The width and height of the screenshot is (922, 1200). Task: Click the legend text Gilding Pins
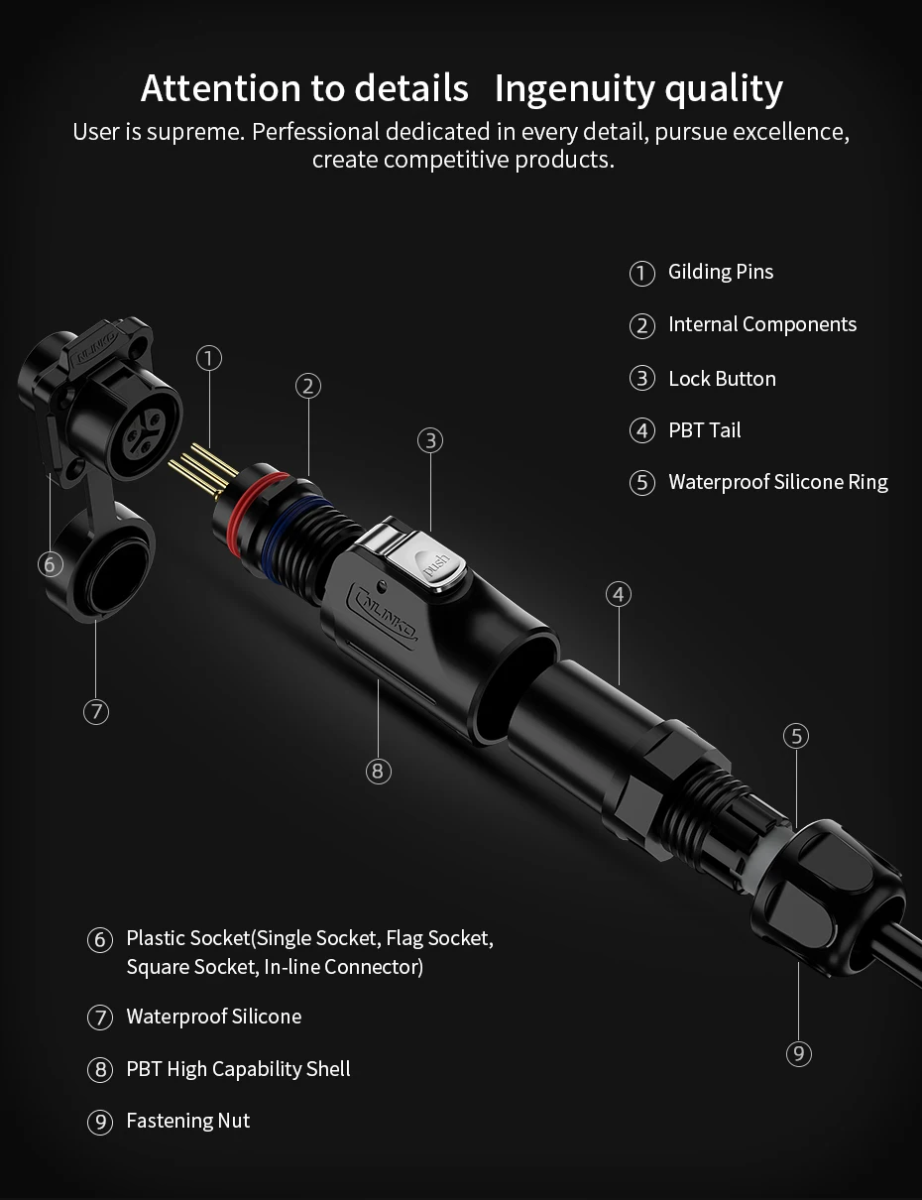click(x=721, y=272)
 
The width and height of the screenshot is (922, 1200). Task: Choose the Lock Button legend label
click(x=722, y=379)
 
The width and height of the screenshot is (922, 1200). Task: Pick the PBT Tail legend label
click(x=704, y=430)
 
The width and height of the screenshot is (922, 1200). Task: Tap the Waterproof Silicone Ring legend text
click(x=777, y=482)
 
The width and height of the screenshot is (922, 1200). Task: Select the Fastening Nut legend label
click(x=188, y=1121)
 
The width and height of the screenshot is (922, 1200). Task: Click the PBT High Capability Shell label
click(x=238, y=1069)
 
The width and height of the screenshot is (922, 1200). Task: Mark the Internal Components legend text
click(x=761, y=324)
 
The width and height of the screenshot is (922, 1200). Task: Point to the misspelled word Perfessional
click(x=315, y=132)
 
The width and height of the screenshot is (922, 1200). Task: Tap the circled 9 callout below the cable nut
click(x=798, y=1053)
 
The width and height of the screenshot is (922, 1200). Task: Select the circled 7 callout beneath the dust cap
click(x=96, y=711)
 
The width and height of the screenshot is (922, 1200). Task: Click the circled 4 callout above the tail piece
click(x=619, y=594)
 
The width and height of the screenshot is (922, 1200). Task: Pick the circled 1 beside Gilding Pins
click(x=642, y=273)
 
